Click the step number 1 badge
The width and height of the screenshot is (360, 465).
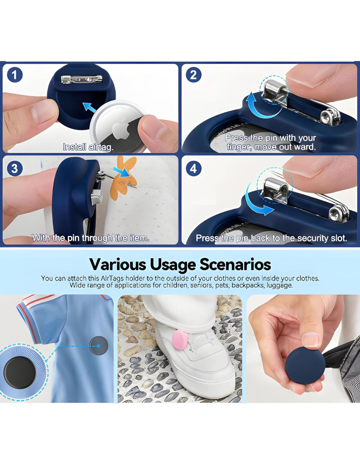point(14,75)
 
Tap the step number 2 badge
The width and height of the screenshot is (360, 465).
point(193,75)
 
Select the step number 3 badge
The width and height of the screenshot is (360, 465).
point(14,168)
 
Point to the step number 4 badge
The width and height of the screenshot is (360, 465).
point(193,168)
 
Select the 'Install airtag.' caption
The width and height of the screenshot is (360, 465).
point(88,147)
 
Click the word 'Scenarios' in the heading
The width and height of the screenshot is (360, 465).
point(235,265)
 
